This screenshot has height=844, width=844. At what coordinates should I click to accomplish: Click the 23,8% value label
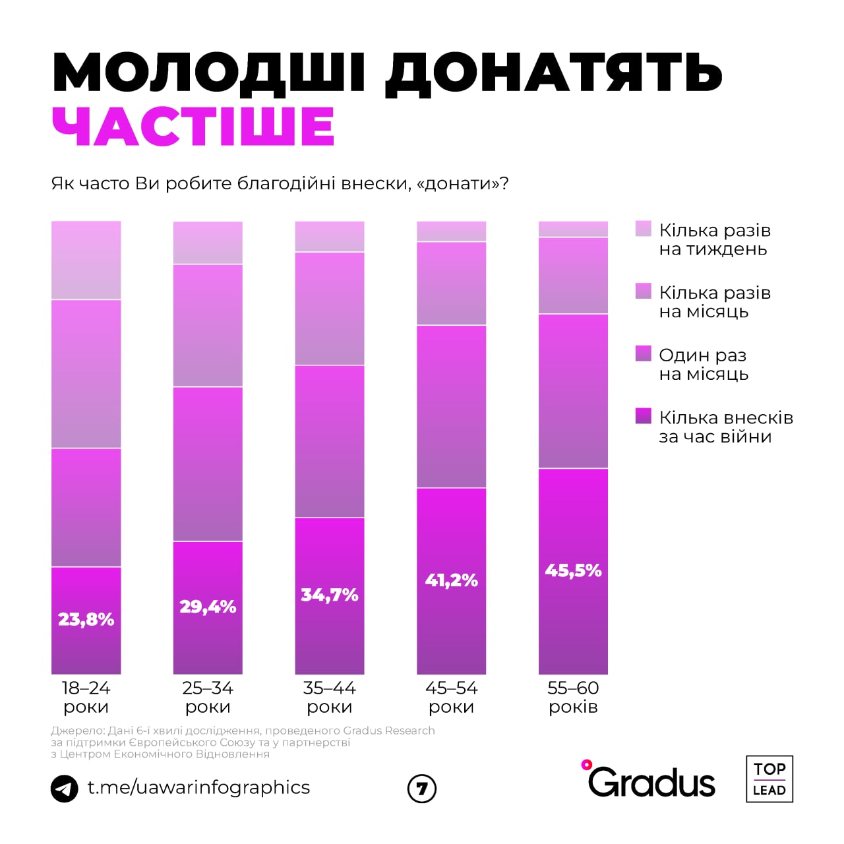[86, 619]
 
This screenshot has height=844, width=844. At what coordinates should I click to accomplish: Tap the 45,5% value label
[573, 570]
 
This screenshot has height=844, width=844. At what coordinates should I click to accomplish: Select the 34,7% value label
[330, 595]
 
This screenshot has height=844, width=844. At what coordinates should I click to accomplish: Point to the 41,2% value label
[452, 580]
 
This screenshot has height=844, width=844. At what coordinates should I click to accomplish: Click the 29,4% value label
[208, 607]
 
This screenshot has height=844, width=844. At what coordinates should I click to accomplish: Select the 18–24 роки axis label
[86, 697]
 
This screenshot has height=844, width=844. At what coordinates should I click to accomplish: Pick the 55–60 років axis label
[573, 697]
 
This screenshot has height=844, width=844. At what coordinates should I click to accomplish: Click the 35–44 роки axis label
[330, 697]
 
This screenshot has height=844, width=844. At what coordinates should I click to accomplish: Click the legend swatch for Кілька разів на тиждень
[643, 229]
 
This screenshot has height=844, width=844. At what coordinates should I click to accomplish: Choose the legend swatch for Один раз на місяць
[643, 353]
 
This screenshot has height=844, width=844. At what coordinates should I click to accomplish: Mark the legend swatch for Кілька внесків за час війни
[643, 416]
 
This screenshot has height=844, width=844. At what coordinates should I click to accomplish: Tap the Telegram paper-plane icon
[65, 789]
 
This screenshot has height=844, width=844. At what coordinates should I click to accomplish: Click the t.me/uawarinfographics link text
[198, 787]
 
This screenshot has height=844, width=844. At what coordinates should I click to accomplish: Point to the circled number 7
[422, 789]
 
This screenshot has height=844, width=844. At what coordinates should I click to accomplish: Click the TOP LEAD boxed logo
[769, 779]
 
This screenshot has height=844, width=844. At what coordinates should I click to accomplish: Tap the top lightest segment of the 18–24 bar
[86, 260]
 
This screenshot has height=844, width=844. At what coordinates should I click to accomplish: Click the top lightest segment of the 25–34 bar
[208, 243]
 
